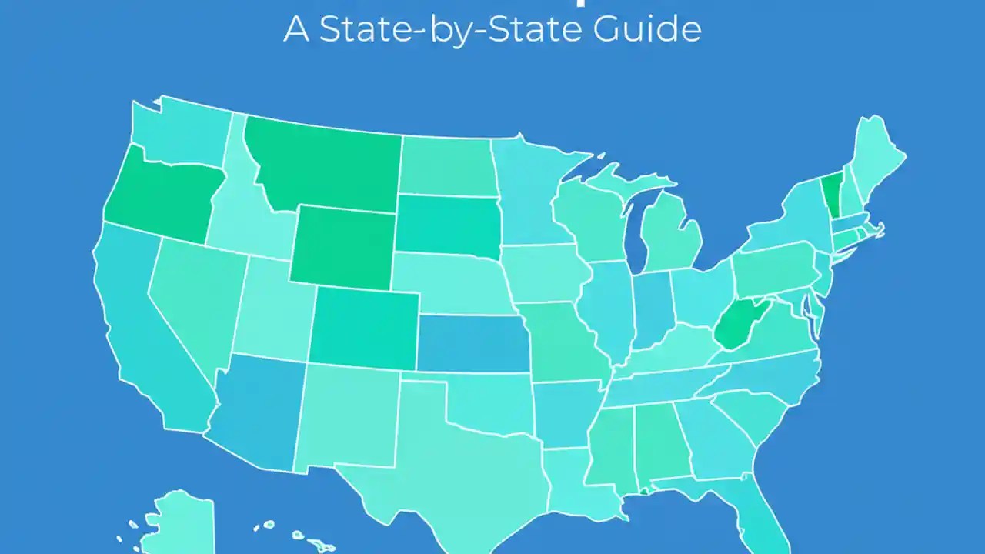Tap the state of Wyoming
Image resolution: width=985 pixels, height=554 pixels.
pyautogui.click(x=342, y=246)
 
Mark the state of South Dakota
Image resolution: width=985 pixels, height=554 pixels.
pyautogui.click(x=446, y=223)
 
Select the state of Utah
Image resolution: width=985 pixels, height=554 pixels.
pyautogui.click(x=271, y=308)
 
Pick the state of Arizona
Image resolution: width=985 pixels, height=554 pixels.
pyautogui.click(x=258, y=412)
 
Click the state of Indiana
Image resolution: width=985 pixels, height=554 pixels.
pyautogui.click(x=653, y=312)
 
